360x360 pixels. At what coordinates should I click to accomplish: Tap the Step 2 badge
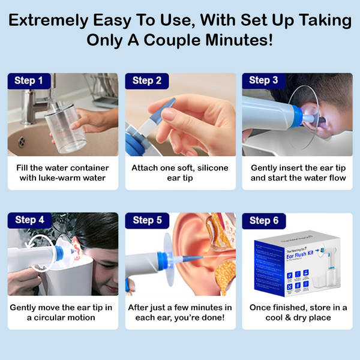[146, 80]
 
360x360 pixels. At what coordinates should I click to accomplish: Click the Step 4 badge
[29, 220]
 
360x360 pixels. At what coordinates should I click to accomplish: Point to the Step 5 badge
[146, 220]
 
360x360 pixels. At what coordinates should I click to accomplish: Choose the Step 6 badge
[263, 220]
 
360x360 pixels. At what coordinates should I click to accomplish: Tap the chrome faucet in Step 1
[32, 99]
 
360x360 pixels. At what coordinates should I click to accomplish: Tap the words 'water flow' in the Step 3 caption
[313, 179]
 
